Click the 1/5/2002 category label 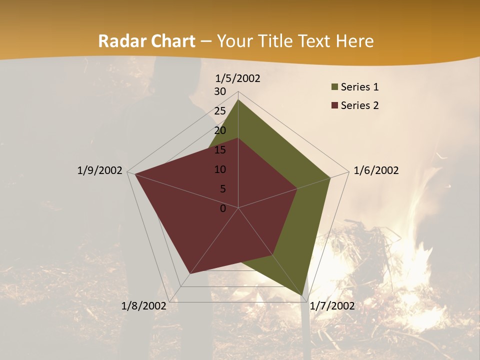[238, 78]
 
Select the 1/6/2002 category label [376, 170]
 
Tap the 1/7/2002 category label [332, 306]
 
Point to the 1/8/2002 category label [144, 306]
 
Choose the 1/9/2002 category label [100, 170]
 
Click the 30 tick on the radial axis [220, 91]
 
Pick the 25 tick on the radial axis [220, 111]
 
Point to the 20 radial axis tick [220, 130]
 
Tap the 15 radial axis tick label [220, 150]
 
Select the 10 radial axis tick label [220, 169]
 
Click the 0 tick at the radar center [223, 208]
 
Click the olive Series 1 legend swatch [334, 87]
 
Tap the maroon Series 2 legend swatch [334, 105]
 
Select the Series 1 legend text [359, 87]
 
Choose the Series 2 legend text [359, 105]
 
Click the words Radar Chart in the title [146, 41]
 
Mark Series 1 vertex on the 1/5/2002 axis [238, 100]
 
